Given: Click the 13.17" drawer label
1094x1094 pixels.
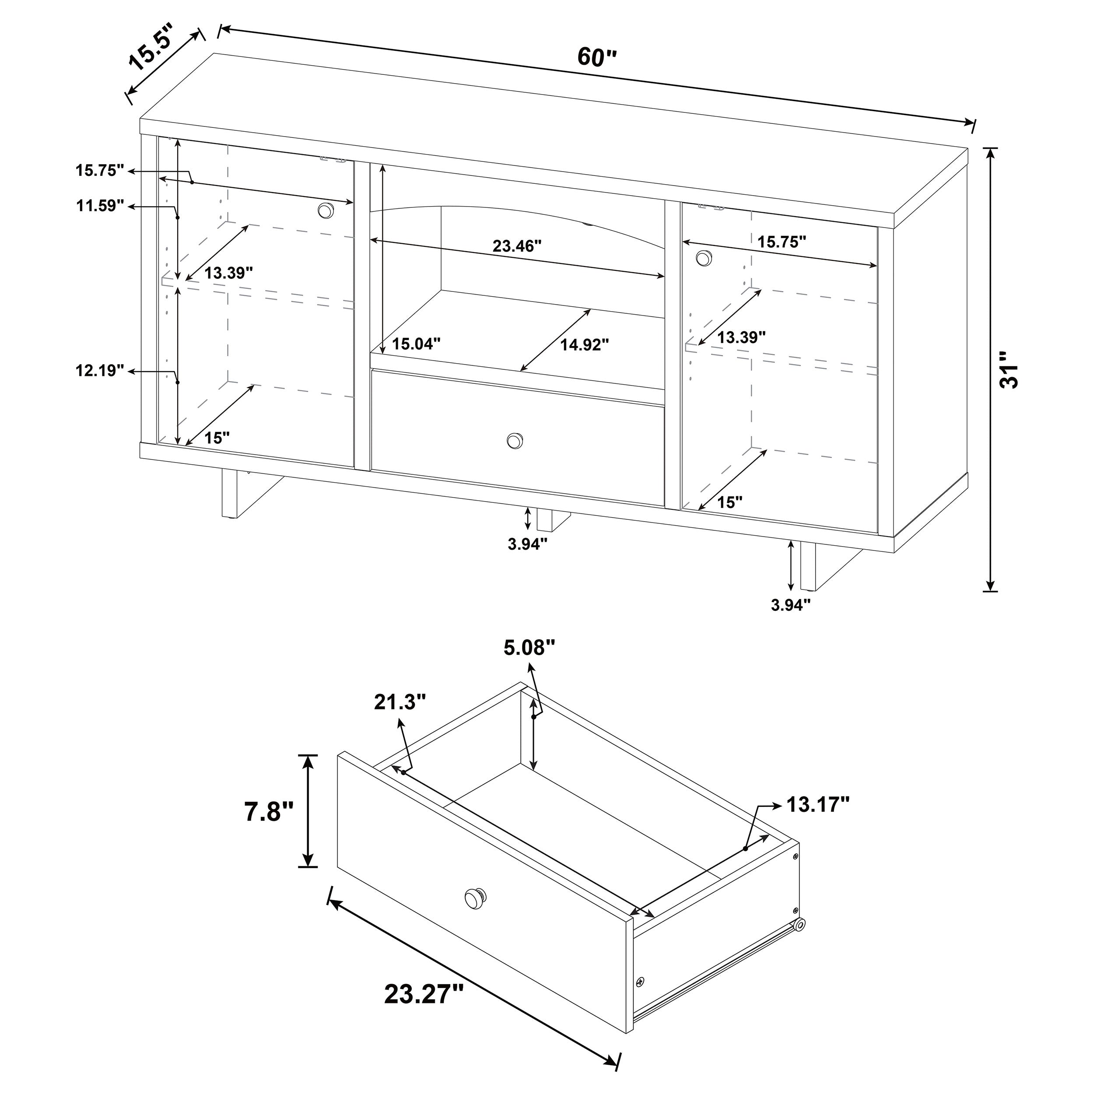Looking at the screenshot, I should pos(818,805).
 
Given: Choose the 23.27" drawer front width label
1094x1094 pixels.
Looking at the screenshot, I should pos(424,993).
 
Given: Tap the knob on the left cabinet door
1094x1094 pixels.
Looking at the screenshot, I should pos(325,210).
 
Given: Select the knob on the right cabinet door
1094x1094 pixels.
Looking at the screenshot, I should pos(703,258).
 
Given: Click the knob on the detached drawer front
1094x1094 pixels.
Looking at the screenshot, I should pos(474,913).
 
